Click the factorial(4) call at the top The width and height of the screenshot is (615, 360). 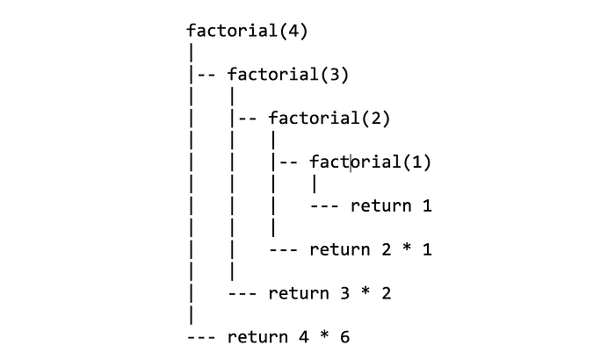point(247,31)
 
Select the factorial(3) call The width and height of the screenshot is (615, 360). point(288,75)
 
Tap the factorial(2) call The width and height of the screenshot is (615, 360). point(329,119)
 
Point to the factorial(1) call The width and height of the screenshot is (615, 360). point(371,162)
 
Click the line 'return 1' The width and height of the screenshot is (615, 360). point(391,206)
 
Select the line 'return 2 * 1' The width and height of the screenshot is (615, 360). point(371,250)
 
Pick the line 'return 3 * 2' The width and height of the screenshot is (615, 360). point(329,293)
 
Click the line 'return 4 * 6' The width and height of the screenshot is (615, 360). point(288,337)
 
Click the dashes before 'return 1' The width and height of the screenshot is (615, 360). point(325,206)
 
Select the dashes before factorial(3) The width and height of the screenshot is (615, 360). point(207,75)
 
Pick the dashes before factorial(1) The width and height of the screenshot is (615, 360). point(290,162)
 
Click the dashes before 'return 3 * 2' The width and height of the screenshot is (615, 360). point(242,293)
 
